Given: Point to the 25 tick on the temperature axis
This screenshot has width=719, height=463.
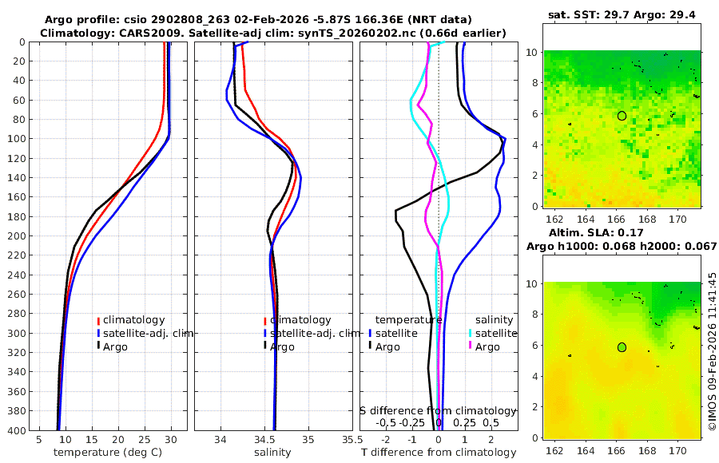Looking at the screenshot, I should click(x=145, y=440).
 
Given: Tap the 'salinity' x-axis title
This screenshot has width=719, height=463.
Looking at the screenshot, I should click(x=272, y=453).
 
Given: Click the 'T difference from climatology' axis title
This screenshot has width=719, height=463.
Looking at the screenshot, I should click(x=438, y=453).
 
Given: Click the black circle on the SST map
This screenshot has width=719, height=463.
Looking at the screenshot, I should click(x=622, y=116).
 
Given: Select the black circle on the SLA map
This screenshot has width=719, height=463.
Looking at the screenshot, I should click(x=622, y=347).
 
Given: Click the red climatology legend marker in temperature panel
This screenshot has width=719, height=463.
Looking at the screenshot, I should click(x=98, y=320).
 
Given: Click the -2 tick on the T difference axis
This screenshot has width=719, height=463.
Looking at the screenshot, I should click(x=387, y=440).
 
